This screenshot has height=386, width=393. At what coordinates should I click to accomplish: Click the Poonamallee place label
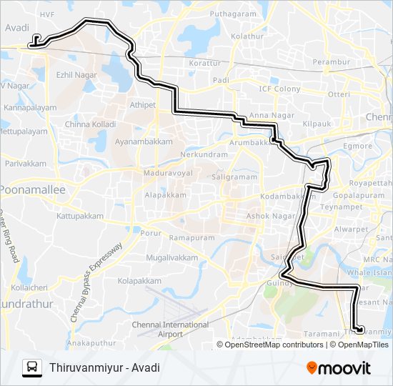(x=32, y=190)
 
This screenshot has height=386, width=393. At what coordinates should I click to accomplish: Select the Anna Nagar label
(x=267, y=115)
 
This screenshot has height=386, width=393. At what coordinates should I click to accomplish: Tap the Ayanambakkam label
(x=144, y=142)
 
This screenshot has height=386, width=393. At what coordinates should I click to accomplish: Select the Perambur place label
(x=331, y=63)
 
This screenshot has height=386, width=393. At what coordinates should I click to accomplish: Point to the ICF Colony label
(x=279, y=89)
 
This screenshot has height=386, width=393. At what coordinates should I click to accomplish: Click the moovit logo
(x=338, y=368)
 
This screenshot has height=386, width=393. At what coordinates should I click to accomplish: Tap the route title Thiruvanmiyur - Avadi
(x=105, y=368)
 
